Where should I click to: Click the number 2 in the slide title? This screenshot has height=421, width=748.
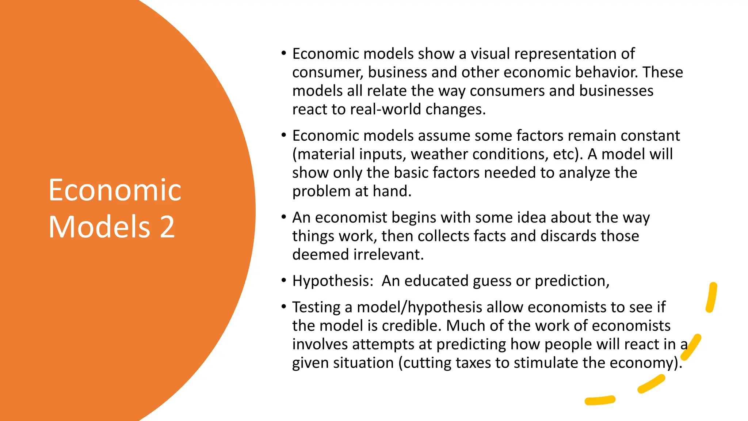coord(167,227)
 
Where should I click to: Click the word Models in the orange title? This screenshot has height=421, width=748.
coord(99,227)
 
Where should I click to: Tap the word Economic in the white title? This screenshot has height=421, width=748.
coord(115,190)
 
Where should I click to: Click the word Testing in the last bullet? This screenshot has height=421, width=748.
coord(317,307)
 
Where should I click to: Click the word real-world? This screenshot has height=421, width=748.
coord(385,109)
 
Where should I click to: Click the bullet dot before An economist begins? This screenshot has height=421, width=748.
coord(284,217)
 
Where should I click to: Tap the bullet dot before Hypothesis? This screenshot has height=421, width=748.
coord(284,281)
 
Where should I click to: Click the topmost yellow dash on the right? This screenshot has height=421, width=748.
coord(711,297)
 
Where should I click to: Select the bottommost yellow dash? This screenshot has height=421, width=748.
coord(600,401)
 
